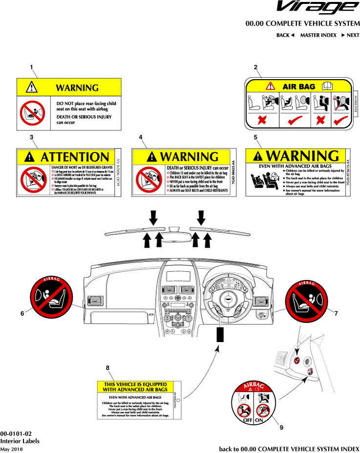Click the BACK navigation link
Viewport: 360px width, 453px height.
pos(286,35)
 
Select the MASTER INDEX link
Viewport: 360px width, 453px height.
pos(318,35)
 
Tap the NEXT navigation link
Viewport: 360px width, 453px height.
pos(350,35)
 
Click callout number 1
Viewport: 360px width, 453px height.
pos(31,66)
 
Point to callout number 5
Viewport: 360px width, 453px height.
pos(255,137)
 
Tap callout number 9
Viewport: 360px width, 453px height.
pos(281,428)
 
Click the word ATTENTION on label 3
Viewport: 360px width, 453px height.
pos(75,157)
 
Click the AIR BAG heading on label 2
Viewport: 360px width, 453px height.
pos(299,87)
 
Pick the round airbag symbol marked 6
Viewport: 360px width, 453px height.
pos(51,295)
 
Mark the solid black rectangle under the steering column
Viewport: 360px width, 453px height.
pos(220,335)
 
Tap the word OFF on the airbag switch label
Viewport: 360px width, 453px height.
pos(244,419)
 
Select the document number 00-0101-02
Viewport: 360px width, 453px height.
pos(16,434)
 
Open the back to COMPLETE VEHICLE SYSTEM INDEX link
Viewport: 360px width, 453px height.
pos(289,449)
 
